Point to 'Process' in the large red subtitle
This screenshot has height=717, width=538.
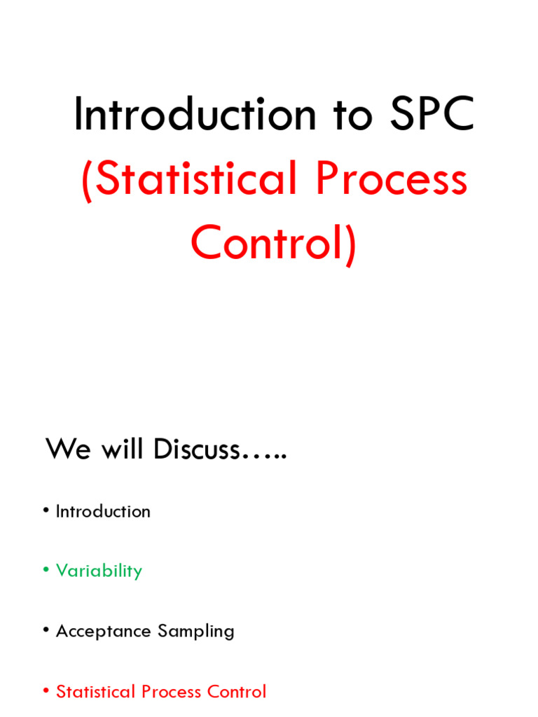click(391, 179)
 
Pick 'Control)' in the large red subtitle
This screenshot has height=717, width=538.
click(273, 243)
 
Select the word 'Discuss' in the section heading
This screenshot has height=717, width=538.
click(198, 450)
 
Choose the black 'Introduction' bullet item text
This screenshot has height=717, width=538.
click(103, 511)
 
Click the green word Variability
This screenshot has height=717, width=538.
click(99, 571)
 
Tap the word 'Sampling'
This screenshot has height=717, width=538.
click(196, 631)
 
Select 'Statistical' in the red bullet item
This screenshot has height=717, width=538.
click(96, 692)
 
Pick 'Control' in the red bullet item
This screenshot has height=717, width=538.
click(237, 692)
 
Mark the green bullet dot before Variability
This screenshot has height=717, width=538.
click(46, 571)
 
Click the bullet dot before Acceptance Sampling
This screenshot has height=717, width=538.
click(46, 631)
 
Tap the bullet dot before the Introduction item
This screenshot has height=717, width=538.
click(46, 511)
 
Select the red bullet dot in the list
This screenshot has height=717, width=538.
click(46, 692)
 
